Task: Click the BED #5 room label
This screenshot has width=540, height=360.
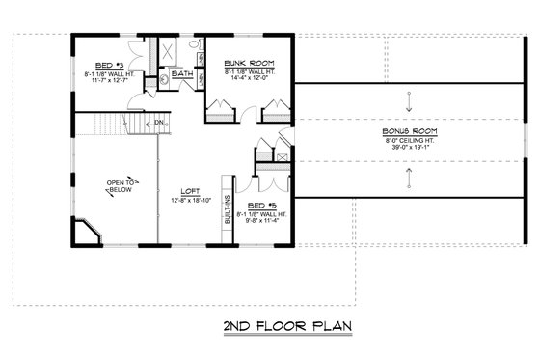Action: (x=257, y=208)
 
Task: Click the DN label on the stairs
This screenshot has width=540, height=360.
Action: (x=158, y=123)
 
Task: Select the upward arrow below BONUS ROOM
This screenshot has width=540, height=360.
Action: (x=409, y=175)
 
